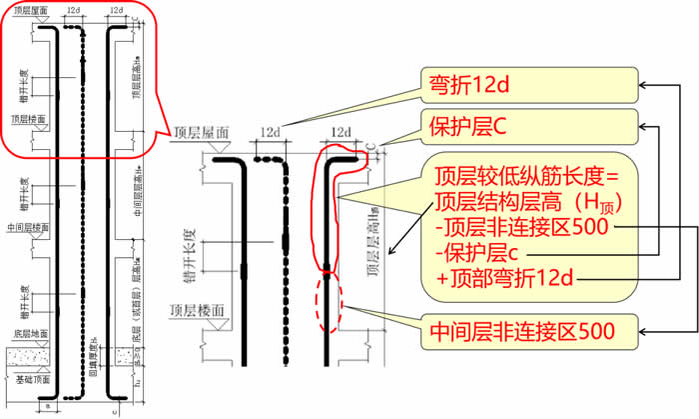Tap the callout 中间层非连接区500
click(x=525, y=327)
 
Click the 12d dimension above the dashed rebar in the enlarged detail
click(x=269, y=132)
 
